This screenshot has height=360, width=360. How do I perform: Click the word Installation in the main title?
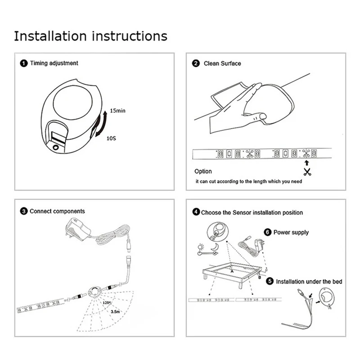[50, 36]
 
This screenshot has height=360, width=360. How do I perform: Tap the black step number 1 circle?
[24, 63]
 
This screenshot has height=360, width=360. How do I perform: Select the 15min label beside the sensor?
[117, 111]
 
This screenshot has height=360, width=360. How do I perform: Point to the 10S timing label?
[111, 139]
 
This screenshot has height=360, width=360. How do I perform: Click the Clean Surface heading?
[222, 63]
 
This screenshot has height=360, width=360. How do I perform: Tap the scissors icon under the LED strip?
[307, 172]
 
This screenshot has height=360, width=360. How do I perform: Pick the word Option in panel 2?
[203, 171]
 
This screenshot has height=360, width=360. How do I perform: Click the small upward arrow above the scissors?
[307, 163]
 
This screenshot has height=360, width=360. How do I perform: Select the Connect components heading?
[57, 211]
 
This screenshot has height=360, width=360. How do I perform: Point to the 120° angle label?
[107, 303]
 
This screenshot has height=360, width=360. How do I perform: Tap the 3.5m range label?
[115, 311]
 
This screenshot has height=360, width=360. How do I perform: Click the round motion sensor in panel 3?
[95, 291]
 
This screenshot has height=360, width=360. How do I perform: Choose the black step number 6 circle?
[267, 232]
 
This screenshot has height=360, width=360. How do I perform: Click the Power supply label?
[291, 232]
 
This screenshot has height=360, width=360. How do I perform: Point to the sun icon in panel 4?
[201, 247]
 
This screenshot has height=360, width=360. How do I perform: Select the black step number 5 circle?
[270, 281]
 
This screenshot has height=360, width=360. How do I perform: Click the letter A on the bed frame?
[232, 271]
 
